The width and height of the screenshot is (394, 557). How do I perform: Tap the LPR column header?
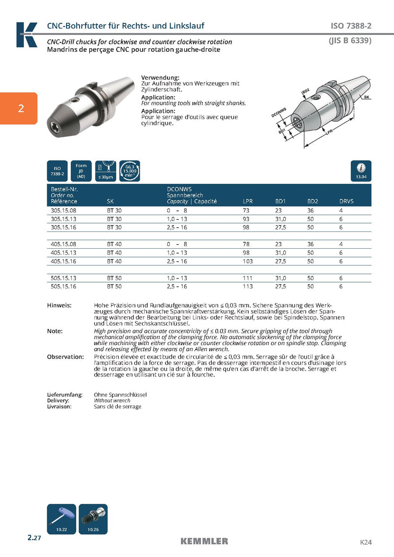(248, 201)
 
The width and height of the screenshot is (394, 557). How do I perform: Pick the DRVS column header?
(347, 201)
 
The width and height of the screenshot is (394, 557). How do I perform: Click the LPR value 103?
(248, 262)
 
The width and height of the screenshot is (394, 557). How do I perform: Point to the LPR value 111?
(247, 278)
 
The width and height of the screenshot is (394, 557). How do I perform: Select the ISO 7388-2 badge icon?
(57, 170)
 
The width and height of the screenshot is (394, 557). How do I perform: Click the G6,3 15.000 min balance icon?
(130, 170)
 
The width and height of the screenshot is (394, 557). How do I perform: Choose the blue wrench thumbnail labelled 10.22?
(62, 519)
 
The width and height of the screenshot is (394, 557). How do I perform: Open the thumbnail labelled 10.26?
(93, 519)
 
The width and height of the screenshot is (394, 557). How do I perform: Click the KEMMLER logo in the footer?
(204, 541)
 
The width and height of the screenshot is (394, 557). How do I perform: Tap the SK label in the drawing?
(366, 98)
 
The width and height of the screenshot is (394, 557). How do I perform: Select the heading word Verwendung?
(160, 78)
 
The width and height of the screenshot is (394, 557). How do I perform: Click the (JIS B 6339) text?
(350, 41)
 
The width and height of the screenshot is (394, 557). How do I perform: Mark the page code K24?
(365, 542)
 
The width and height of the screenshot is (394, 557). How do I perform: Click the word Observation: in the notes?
(66, 357)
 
